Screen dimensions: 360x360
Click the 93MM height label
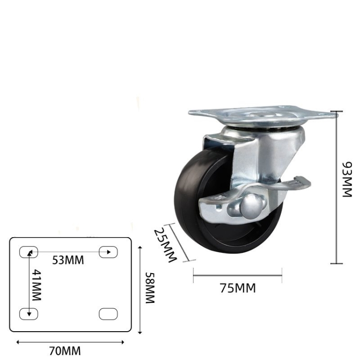[x=347, y=180]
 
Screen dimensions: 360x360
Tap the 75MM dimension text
[x=238, y=288]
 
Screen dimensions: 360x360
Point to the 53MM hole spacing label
[x=68, y=260]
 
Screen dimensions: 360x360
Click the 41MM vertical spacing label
[x=36, y=285]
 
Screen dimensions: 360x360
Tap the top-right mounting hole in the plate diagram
[x=108, y=252]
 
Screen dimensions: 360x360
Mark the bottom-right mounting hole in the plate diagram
[x=108, y=313]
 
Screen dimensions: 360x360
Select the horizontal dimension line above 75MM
[x=238, y=276]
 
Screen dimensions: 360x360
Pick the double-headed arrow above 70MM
[x=71, y=342]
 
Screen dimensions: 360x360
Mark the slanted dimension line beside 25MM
[x=182, y=242]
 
